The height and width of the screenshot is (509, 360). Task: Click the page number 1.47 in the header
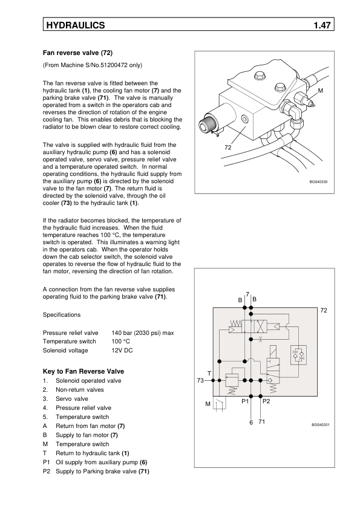(x=322, y=25)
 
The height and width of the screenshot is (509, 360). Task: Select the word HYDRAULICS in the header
(x=76, y=25)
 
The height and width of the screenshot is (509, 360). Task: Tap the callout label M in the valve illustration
(x=320, y=91)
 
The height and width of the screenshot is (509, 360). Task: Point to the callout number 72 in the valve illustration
(x=228, y=148)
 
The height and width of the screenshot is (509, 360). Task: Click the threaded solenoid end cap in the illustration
(x=206, y=124)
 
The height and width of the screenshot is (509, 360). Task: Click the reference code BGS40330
(x=318, y=182)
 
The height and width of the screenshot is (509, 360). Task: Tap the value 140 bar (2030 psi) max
(x=143, y=333)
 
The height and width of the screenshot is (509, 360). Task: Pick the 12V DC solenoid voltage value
(x=122, y=351)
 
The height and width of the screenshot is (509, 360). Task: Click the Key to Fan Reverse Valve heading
(x=83, y=371)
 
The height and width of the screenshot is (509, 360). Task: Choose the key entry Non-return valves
(x=80, y=390)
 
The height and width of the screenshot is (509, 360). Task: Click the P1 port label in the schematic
(x=245, y=401)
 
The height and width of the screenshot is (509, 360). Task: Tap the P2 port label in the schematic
(x=266, y=401)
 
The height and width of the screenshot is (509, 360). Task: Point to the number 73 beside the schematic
(x=200, y=380)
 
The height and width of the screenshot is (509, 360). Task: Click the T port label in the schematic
(x=209, y=374)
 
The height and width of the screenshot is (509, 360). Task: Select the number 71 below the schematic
(x=261, y=422)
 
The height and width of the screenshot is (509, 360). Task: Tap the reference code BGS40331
(x=320, y=425)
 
